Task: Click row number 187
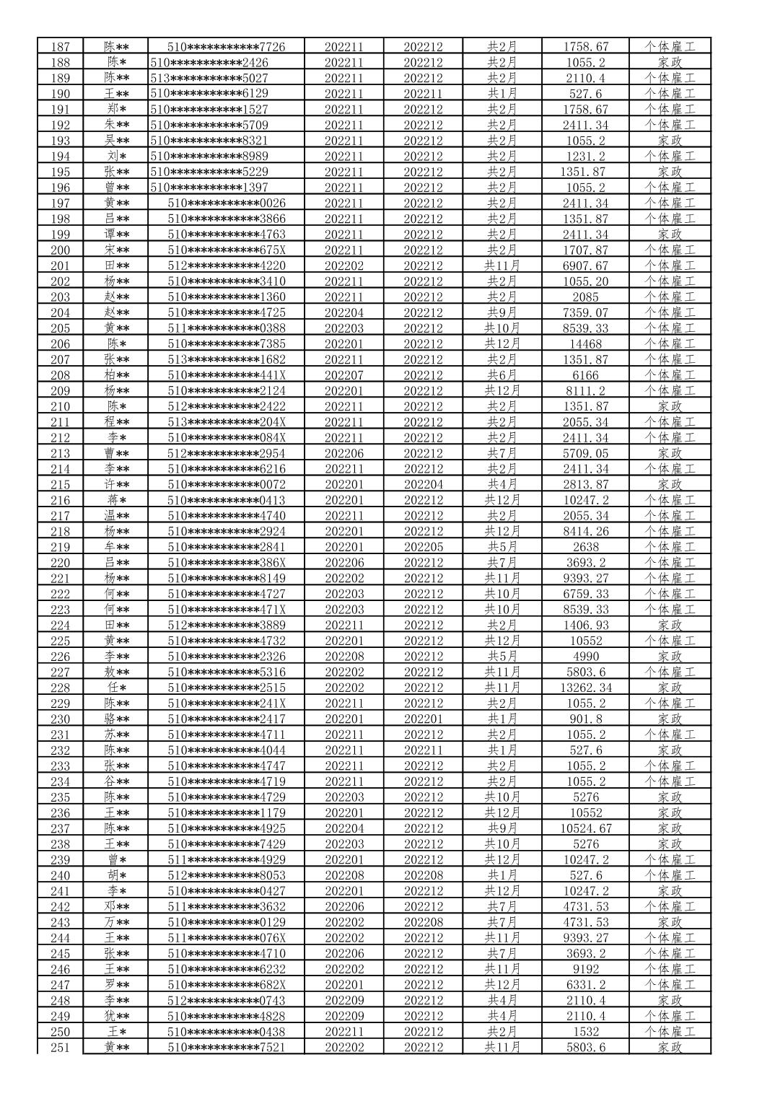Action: (60, 47)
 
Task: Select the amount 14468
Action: (585, 344)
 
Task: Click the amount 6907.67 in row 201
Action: (585, 266)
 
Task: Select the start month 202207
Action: (343, 375)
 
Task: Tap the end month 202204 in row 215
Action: (423, 485)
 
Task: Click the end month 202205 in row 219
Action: (423, 547)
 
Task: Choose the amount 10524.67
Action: (585, 828)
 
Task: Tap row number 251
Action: (60, 1048)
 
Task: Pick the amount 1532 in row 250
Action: (585, 1032)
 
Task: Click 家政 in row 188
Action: (669, 63)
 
